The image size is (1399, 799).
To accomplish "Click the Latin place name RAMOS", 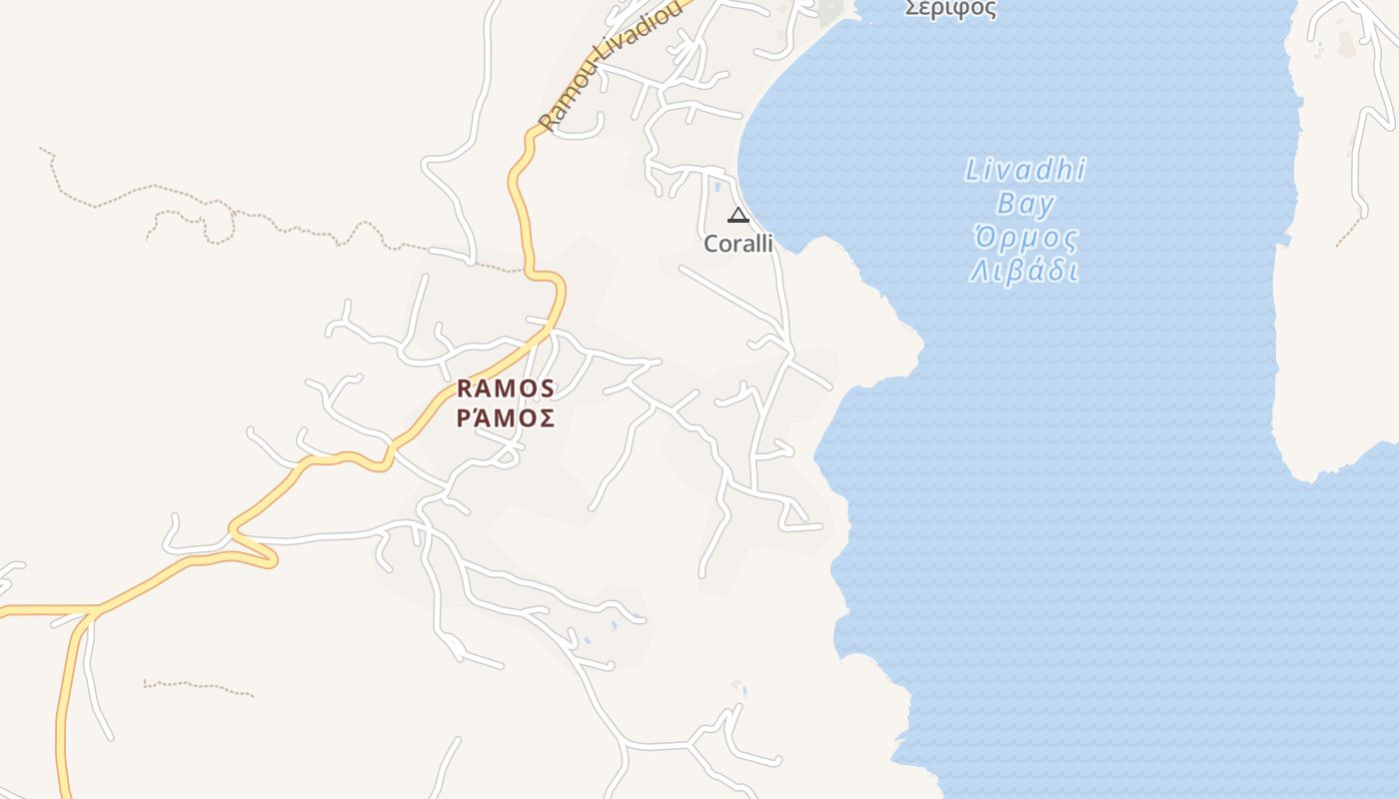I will click(x=506, y=388).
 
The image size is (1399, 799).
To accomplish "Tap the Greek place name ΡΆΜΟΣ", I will click(x=506, y=417).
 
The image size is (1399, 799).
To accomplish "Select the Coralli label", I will click(x=738, y=244).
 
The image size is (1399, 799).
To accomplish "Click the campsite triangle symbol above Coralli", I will click(x=737, y=215).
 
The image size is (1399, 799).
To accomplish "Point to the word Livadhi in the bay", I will click(x=1025, y=171).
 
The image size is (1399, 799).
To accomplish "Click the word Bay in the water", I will click(x=1025, y=205).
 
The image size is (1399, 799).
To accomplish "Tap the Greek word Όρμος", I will click(x=1025, y=239).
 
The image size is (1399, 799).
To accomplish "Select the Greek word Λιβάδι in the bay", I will click(x=1025, y=272).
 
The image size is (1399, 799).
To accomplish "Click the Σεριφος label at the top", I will click(x=950, y=9).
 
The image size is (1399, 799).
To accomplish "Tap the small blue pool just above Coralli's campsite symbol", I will click(x=717, y=186).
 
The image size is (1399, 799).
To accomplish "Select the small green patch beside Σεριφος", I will click(x=829, y=10).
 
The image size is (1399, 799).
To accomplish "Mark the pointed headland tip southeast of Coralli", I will click(x=919, y=345).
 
